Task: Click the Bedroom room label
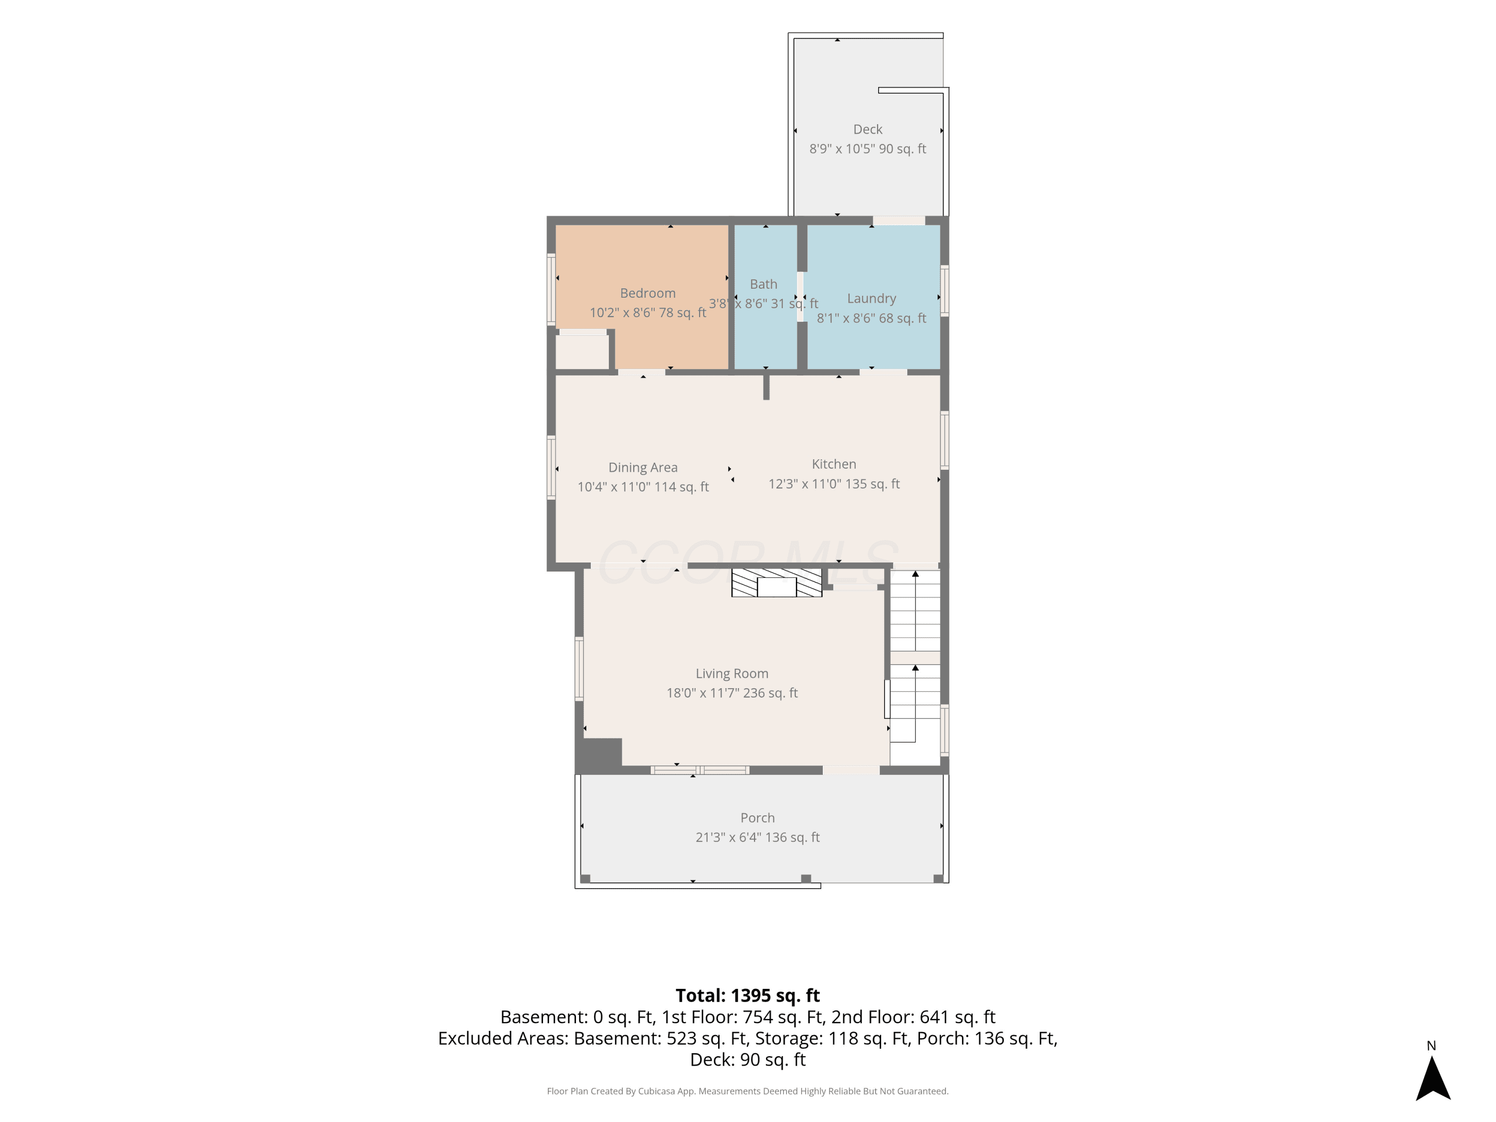point(647,293)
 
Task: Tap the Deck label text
point(868,129)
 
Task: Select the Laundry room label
point(871,298)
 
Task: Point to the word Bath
point(763,284)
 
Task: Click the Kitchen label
point(834,464)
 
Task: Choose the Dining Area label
point(642,467)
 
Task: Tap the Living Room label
point(732,674)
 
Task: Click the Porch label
point(757,818)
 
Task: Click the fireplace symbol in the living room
point(776,583)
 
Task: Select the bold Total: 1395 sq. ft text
point(748,995)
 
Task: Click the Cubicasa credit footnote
point(748,1091)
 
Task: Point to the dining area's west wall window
point(551,467)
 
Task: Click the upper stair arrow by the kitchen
point(915,611)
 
